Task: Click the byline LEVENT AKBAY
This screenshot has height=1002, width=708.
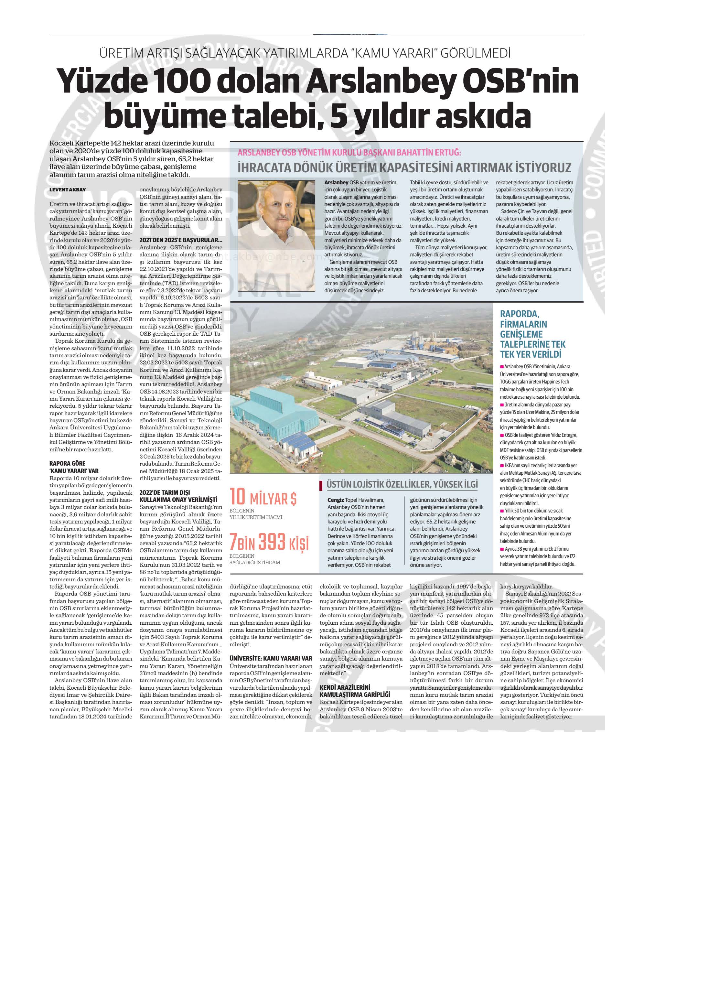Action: coord(68,190)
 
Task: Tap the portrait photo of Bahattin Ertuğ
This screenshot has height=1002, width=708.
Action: coord(276,236)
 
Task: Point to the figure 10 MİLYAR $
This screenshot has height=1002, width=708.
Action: coord(263,498)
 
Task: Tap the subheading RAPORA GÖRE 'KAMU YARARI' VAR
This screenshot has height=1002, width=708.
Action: coord(74,467)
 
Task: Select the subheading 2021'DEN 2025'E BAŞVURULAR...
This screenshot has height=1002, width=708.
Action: coord(181,240)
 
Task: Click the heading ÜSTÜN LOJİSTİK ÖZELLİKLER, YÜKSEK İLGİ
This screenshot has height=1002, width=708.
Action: coord(402,484)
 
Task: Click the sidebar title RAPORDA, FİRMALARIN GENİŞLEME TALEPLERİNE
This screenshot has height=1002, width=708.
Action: coord(532,334)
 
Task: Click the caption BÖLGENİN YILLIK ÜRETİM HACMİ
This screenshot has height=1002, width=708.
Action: coord(256,514)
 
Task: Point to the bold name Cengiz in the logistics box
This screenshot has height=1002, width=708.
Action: coord(336,500)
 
